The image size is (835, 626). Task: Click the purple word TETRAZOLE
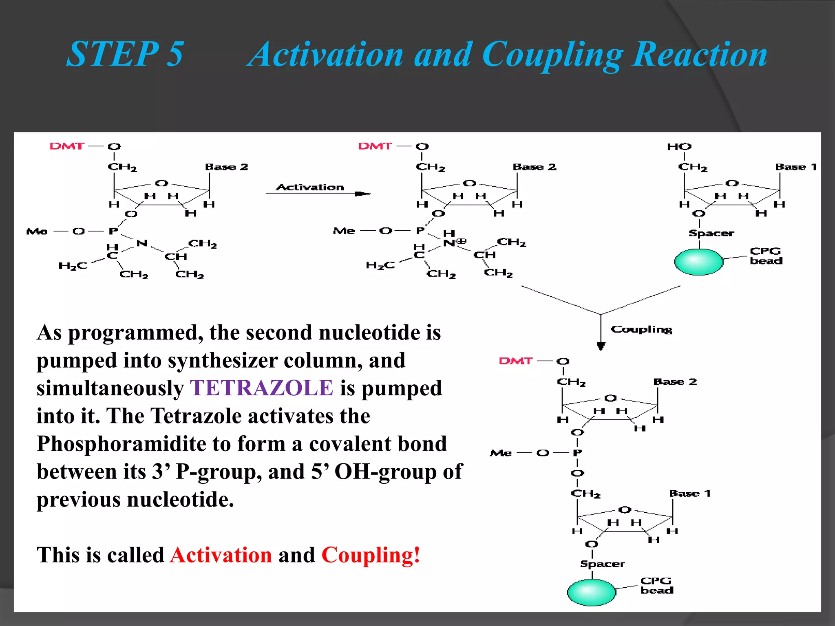pyautogui.click(x=262, y=388)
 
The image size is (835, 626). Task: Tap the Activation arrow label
pyautogui.click(x=310, y=187)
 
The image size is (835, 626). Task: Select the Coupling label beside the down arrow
pyautogui.click(x=641, y=329)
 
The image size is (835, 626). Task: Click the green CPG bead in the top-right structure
pyautogui.click(x=698, y=261)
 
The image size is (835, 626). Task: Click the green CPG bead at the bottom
pyautogui.click(x=591, y=592)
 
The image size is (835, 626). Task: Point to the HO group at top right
pyautogui.click(x=679, y=147)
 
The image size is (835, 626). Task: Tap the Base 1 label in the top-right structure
pyautogui.click(x=796, y=167)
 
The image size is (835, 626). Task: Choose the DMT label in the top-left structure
pyautogui.click(x=67, y=146)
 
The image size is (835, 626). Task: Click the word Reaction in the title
pyautogui.click(x=700, y=55)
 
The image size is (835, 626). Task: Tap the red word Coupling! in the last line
pyautogui.click(x=371, y=555)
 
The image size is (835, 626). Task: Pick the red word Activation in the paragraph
pyautogui.click(x=221, y=555)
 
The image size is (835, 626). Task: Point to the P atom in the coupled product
pyautogui.click(x=577, y=453)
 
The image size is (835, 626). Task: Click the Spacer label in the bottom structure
pyautogui.click(x=602, y=564)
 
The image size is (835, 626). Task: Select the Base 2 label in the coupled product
pyautogui.click(x=675, y=382)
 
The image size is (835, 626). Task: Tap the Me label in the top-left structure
pyautogui.click(x=37, y=231)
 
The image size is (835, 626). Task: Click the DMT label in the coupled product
pyautogui.click(x=516, y=361)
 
